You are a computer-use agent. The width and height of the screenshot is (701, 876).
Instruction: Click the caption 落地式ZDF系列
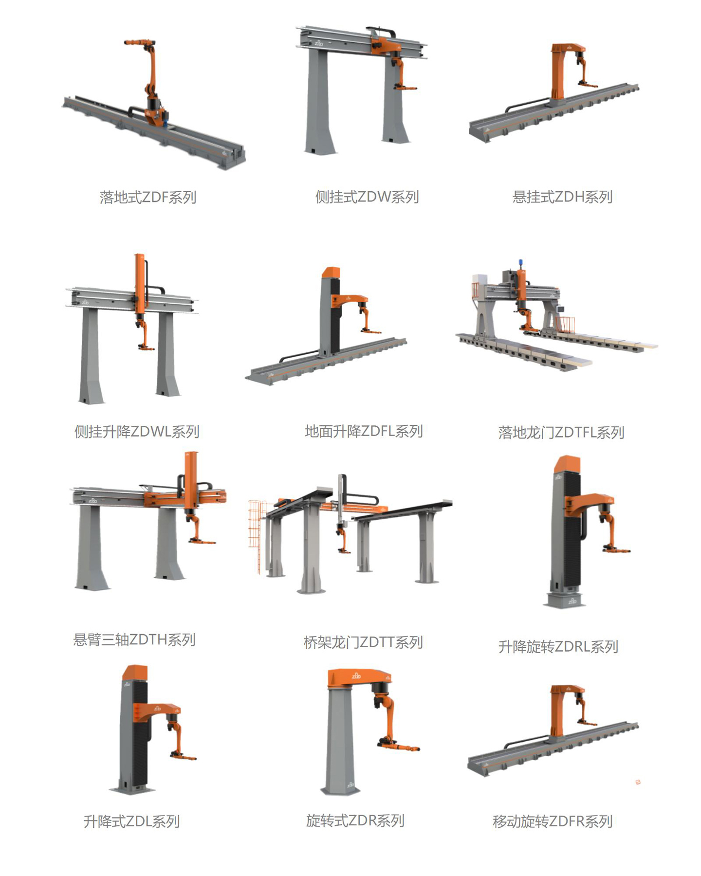(148, 197)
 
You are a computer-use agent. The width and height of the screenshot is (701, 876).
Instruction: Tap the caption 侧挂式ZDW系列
(367, 197)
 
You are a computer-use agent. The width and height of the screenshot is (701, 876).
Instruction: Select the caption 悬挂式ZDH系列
(562, 197)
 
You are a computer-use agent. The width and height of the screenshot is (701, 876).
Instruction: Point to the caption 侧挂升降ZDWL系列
(137, 431)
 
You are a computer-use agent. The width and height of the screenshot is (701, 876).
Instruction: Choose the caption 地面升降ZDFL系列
(364, 431)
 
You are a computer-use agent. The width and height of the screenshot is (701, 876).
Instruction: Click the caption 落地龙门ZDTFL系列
(561, 432)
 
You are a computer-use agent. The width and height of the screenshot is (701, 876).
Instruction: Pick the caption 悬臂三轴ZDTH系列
(134, 639)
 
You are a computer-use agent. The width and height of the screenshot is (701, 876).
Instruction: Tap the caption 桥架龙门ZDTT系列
(363, 642)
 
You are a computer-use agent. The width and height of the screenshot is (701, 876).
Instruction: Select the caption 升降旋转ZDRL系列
(558, 646)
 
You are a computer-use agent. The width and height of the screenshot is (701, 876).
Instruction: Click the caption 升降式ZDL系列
(132, 821)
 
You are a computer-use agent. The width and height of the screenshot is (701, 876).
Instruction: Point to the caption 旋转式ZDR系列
(355, 821)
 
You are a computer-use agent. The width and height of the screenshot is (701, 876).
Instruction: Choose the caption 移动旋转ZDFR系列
(553, 821)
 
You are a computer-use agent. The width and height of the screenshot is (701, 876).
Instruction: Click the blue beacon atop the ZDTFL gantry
(520, 263)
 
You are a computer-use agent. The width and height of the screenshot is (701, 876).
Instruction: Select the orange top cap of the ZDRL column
(567, 464)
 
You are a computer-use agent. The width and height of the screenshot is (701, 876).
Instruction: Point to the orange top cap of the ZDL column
(135, 672)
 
